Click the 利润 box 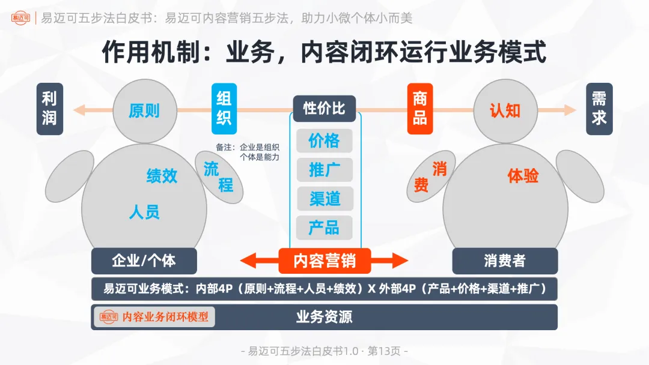(x=49, y=109)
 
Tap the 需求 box (x=599, y=109)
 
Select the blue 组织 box (x=224, y=109)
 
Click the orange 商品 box (x=420, y=109)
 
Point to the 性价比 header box (x=324, y=109)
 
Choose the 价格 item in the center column (x=324, y=140)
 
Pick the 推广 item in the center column (x=324, y=169)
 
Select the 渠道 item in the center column (x=324, y=198)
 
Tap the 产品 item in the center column (x=324, y=227)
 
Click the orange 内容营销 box (x=324, y=261)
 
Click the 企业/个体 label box (x=144, y=261)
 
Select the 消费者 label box (x=505, y=261)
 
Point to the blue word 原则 (x=144, y=111)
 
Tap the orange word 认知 (x=505, y=110)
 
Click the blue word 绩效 (x=162, y=176)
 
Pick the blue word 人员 (x=144, y=212)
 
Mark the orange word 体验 (x=523, y=176)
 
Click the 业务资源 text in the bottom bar (x=324, y=317)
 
